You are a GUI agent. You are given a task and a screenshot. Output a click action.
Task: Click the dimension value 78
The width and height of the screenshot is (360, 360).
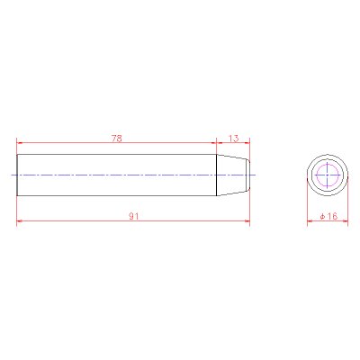(117, 139)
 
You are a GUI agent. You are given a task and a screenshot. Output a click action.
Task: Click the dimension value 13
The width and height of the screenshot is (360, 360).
(233, 139)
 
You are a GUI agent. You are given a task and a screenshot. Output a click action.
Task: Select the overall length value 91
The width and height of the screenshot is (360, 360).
(134, 216)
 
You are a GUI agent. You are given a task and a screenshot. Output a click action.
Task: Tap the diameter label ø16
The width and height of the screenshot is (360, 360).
(328, 216)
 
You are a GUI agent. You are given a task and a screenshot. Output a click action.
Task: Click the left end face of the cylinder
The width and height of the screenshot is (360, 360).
(17, 175)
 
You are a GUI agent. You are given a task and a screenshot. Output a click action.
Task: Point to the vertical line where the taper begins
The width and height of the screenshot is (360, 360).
(217, 175)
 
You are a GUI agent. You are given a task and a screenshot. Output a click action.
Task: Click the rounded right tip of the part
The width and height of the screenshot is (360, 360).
(249, 175)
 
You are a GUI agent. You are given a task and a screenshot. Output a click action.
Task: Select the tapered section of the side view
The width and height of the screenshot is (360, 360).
(233, 175)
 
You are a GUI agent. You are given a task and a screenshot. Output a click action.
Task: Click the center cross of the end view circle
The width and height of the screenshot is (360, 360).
(328, 175)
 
